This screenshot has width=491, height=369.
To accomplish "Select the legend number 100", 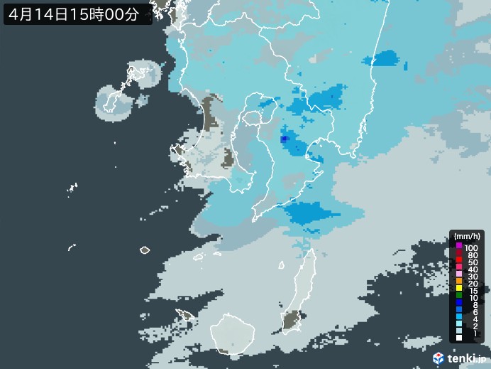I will (471, 247).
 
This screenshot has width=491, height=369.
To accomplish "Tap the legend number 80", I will (471, 255).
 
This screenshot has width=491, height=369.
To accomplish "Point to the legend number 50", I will (471, 262).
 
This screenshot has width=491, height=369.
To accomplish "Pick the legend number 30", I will (471, 277).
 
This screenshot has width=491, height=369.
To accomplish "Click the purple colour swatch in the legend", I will (459, 246).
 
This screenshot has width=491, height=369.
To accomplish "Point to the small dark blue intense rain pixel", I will (284, 139).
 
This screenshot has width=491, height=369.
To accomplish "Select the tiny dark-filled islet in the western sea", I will (145, 250).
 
